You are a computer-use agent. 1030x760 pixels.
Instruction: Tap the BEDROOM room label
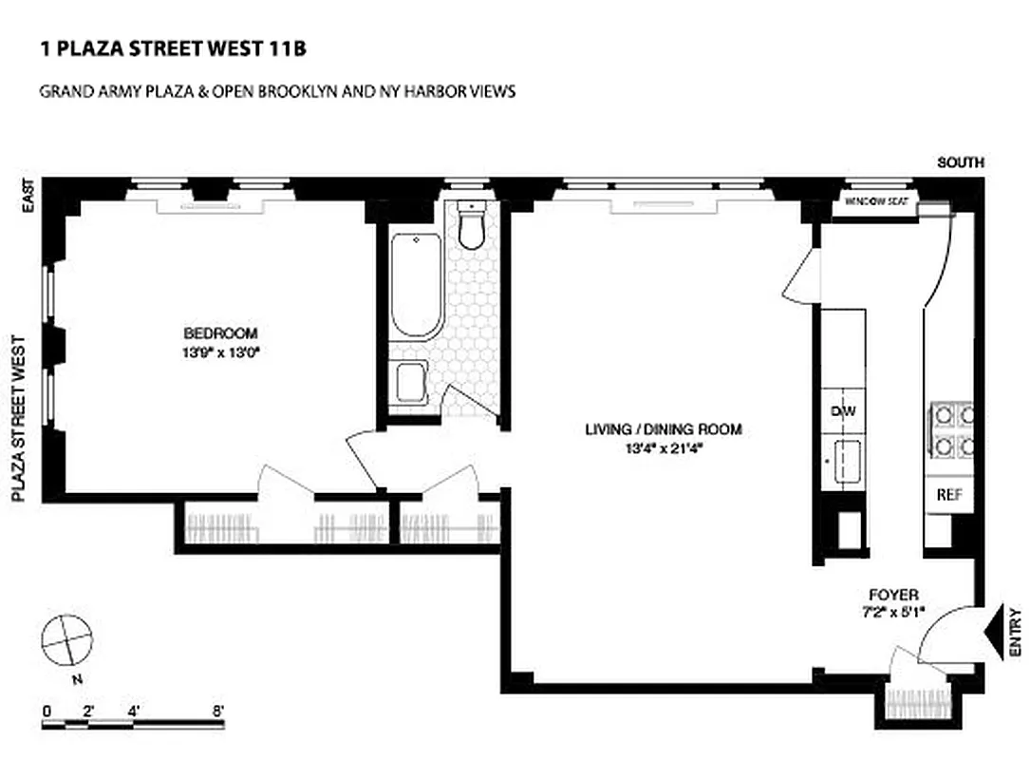220,333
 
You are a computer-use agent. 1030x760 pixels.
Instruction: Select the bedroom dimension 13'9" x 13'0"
220,351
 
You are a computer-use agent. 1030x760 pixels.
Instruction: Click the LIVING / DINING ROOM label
663,429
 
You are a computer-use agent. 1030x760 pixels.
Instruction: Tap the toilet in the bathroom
471,226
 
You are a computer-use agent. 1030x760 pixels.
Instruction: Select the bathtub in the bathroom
416,285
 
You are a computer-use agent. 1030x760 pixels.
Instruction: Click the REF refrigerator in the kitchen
949,495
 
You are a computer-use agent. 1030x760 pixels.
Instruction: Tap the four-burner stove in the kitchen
952,430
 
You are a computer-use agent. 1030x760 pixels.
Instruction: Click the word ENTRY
1016,632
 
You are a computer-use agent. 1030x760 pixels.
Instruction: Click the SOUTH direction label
960,163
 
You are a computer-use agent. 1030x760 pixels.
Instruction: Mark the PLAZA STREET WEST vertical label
17,417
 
